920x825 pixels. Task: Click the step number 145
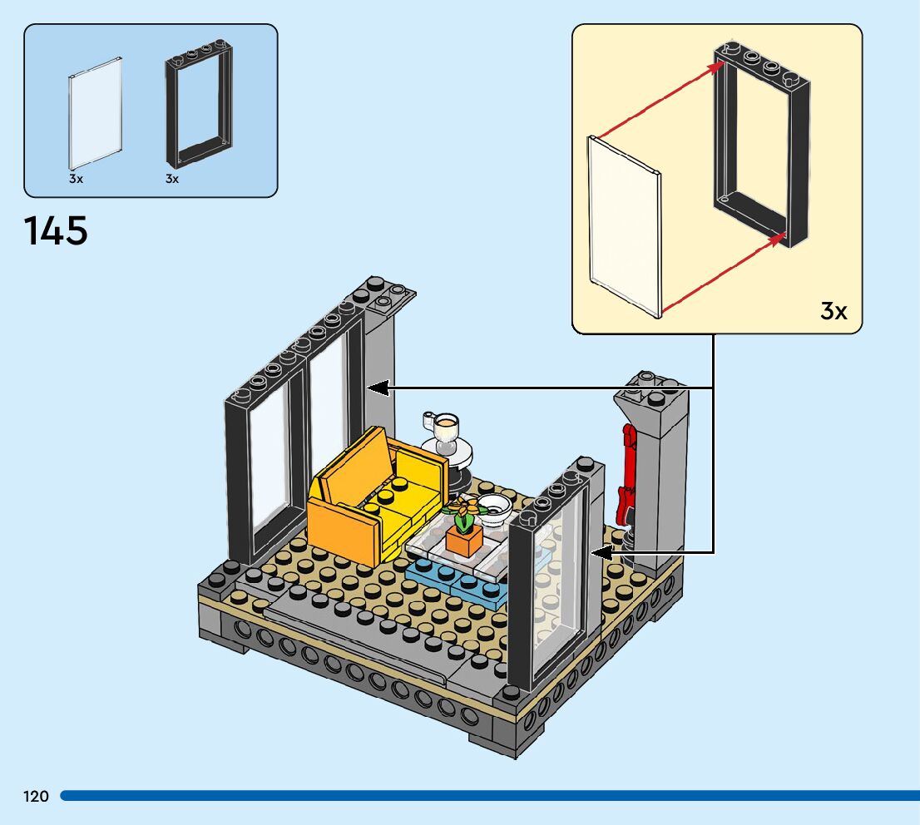(x=57, y=231)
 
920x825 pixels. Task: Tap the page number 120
(x=36, y=797)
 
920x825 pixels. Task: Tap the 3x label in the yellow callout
(x=833, y=311)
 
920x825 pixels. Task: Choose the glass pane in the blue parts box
(x=94, y=112)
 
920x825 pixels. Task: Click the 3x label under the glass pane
(x=76, y=179)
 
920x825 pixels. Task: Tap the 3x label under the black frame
(x=172, y=179)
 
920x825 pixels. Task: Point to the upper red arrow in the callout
(x=657, y=101)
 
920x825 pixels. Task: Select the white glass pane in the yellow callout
(x=624, y=225)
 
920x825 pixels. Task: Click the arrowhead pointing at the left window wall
(x=376, y=388)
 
